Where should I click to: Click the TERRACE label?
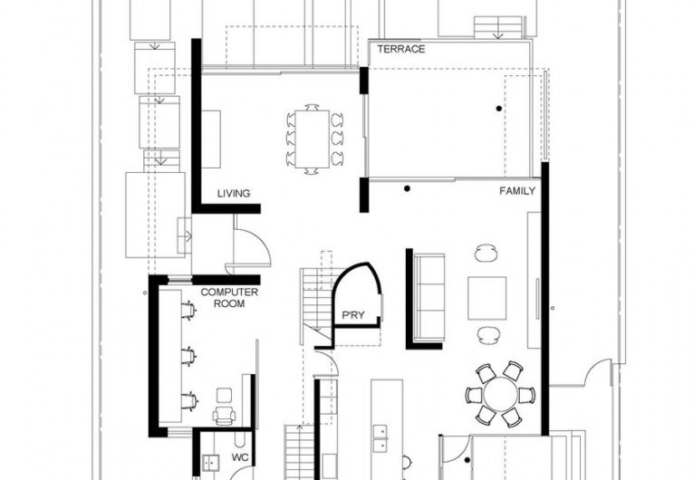400,49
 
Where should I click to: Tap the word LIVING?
233,193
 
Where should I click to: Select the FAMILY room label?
517,192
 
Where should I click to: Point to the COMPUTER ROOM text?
229,298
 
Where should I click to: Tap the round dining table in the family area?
500,395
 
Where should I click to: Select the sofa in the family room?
429,295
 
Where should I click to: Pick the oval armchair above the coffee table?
487,253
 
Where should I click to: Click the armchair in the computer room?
223,414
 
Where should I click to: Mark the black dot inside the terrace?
497,109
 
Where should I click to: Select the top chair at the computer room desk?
188,311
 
